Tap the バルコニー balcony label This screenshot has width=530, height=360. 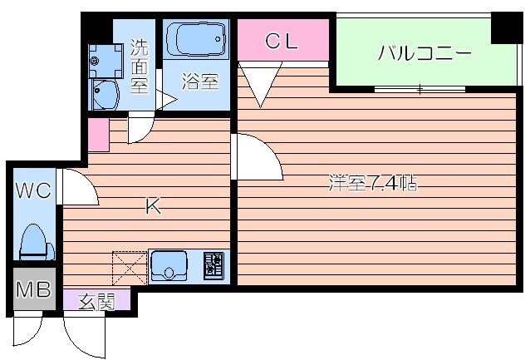424,54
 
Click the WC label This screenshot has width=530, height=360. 32,190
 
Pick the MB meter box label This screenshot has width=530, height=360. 32,291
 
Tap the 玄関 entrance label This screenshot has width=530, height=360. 96,301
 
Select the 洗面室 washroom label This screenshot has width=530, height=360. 140,67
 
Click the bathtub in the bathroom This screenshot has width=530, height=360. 196,39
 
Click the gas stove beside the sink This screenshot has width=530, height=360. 213,266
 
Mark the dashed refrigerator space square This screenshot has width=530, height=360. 130,268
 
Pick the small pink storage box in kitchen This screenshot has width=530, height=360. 98,136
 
